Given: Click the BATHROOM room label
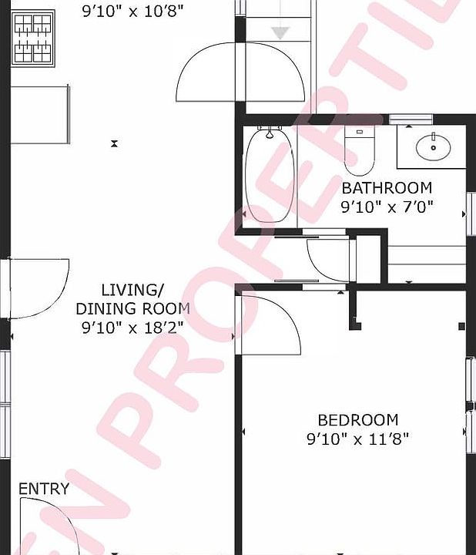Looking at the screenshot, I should pyautogui.click(x=387, y=188).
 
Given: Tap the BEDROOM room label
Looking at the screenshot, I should pyautogui.click(x=358, y=420).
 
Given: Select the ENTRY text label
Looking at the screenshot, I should pyautogui.click(x=44, y=489).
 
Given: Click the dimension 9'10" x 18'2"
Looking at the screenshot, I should pyautogui.click(x=132, y=327).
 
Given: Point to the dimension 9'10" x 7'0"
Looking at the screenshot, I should pyautogui.click(x=387, y=207).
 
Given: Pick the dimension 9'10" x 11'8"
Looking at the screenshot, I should pyautogui.click(x=358, y=439).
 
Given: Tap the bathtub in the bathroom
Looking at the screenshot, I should pyautogui.click(x=270, y=175).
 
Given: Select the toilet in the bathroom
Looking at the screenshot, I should pyautogui.click(x=358, y=150).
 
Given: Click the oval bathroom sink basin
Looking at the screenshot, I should pyautogui.click(x=434, y=146).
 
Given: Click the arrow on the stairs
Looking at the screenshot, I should pyautogui.click(x=280, y=32).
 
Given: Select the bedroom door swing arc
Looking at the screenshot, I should pyautogui.click(x=270, y=324).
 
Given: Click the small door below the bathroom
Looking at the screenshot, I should pyautogui.click(x=330, y=261).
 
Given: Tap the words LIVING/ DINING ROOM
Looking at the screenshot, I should pyautogui.click(x=132, y=299).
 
